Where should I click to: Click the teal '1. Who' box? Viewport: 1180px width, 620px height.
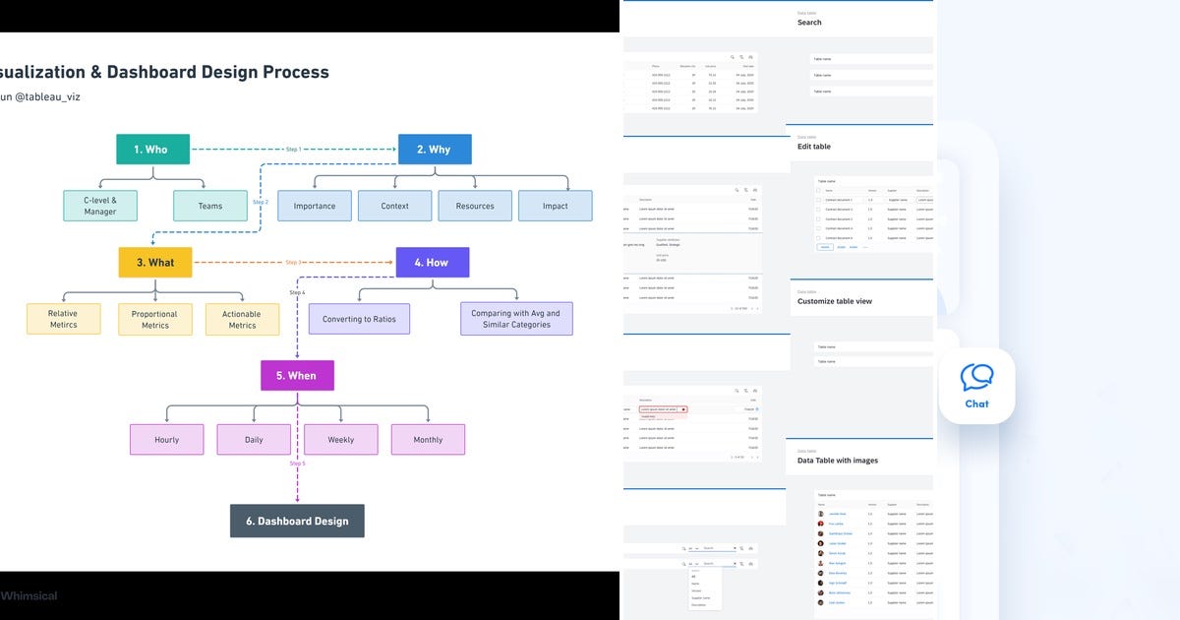point(153,149)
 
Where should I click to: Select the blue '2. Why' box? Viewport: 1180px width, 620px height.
point(435,149)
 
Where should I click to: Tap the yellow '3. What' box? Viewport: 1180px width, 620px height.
point(155,262)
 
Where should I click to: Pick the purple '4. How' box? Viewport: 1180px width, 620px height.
point(432,262)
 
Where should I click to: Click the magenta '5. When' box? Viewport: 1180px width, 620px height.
point(296,375)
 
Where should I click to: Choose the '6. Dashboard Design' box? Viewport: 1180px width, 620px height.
point(297,521)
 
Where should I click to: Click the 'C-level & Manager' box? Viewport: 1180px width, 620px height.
point(100,206)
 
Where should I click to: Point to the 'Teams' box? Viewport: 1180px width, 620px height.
point(210,206)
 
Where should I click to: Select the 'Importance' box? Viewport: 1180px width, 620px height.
point(315,206)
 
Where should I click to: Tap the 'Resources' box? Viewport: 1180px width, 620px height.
point(475,206)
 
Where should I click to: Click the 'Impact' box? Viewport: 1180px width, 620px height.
point(556,206)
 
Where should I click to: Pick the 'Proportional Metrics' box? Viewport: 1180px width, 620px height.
point(155,319)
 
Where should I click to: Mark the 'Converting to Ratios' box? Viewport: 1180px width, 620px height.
point(359,319)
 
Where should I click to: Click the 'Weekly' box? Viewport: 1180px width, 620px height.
point(341,439)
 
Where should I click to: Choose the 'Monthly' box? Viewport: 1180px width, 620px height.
point(428,439)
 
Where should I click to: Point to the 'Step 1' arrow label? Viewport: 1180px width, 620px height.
point(293,150)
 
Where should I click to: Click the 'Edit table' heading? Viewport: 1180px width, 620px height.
point(814,147)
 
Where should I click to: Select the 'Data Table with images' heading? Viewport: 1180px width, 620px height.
point(838,461)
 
